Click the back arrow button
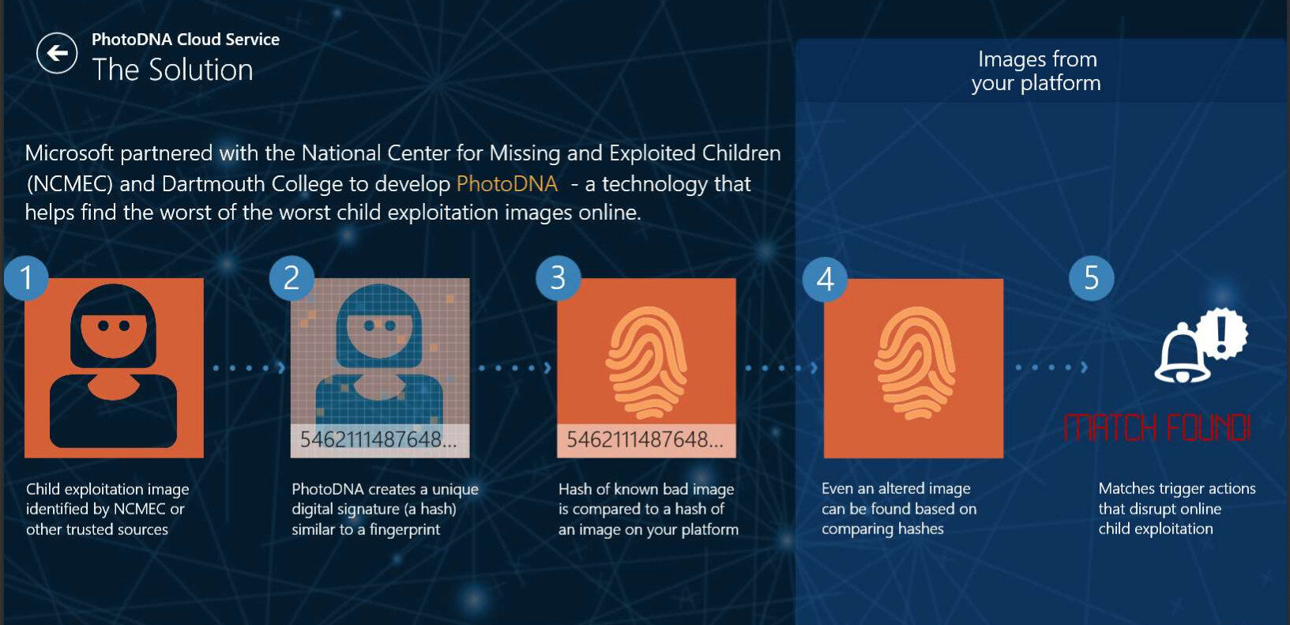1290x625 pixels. tap(57, 53)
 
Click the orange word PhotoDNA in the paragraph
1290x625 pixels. tap(507, 184)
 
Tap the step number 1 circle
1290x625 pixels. tap(27, 278)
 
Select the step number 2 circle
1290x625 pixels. tap(292, 278)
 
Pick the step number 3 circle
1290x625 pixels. tap(558, 278)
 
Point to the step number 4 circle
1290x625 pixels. tap(825, 280)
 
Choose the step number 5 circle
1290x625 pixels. tap(1091, 278)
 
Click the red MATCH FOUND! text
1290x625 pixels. tap(1157, 428)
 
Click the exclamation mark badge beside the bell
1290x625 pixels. tap(1222, 334)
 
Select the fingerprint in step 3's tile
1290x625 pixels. tap(646, 363)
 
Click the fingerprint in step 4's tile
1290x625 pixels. tap(915, 363)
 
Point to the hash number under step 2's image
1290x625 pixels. tap(378, 439)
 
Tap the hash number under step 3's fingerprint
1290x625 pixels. tap(645, 439)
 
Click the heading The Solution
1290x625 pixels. tap(173, 70)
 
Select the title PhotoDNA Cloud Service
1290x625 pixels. tap(186, 40)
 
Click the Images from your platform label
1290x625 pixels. tap(1036, 71)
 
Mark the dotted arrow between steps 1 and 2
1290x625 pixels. tap(250, 367)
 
